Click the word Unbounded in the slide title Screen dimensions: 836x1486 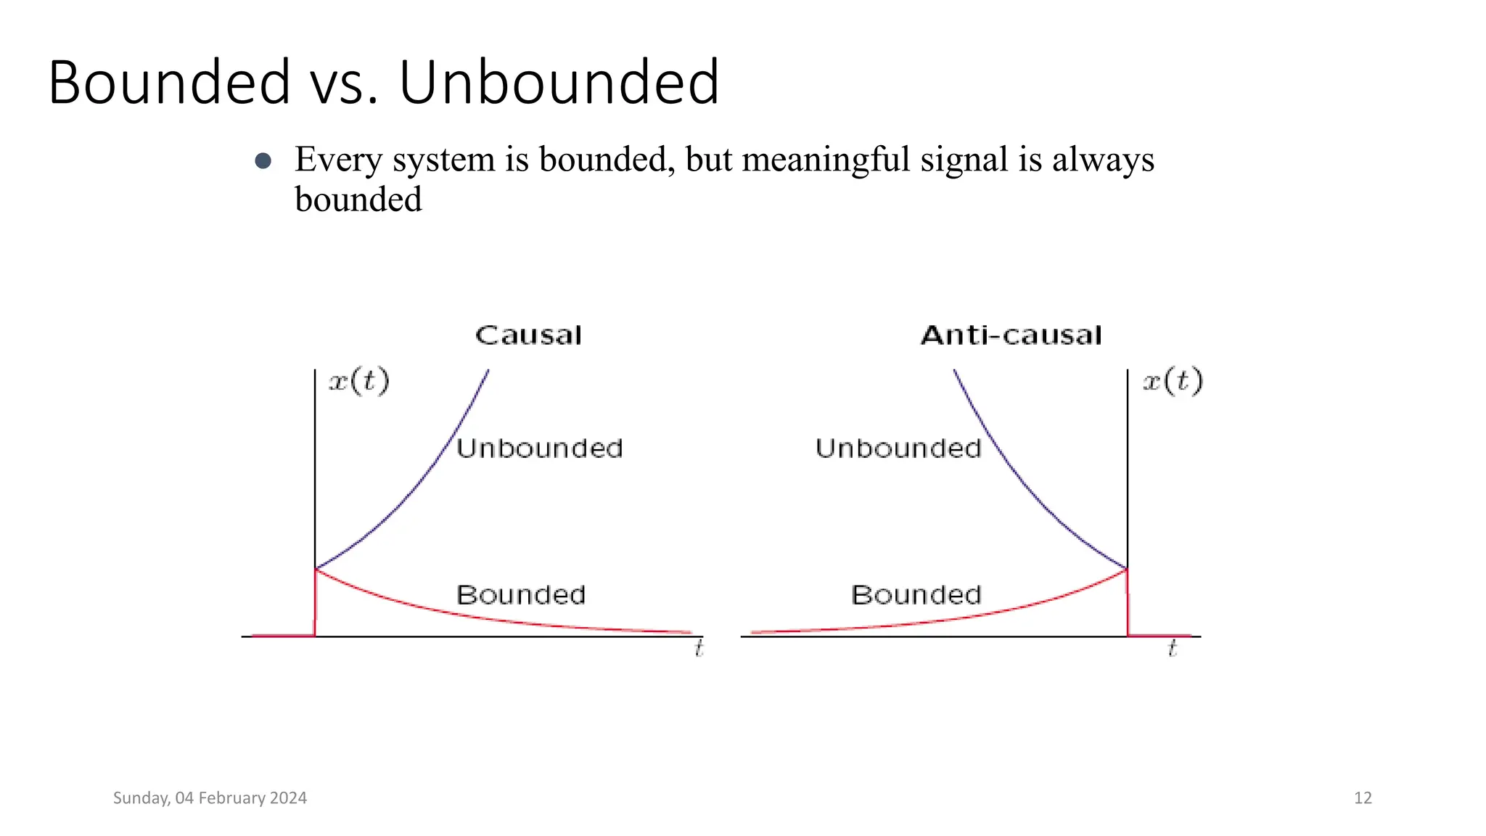[559, 82]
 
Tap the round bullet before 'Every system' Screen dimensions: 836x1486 [263, 161]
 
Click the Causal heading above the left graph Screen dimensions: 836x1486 [528, 335]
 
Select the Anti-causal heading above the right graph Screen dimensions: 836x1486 [1011, 335]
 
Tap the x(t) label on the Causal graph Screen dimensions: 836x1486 [359, 381]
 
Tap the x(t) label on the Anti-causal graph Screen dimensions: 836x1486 [1173, 381]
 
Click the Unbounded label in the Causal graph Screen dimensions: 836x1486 [540, 448]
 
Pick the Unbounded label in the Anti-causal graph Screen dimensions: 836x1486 [898, 448]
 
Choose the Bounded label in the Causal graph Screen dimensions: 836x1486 [521, 595]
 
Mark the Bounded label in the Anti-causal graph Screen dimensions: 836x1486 [916, 595]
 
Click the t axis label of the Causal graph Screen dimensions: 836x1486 [699, 648]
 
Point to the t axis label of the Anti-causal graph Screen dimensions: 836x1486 [1172, 648]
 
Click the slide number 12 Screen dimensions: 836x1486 [1363, 798]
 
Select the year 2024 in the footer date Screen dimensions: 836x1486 [288, 798]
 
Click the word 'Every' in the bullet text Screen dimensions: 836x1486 [338, 160]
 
